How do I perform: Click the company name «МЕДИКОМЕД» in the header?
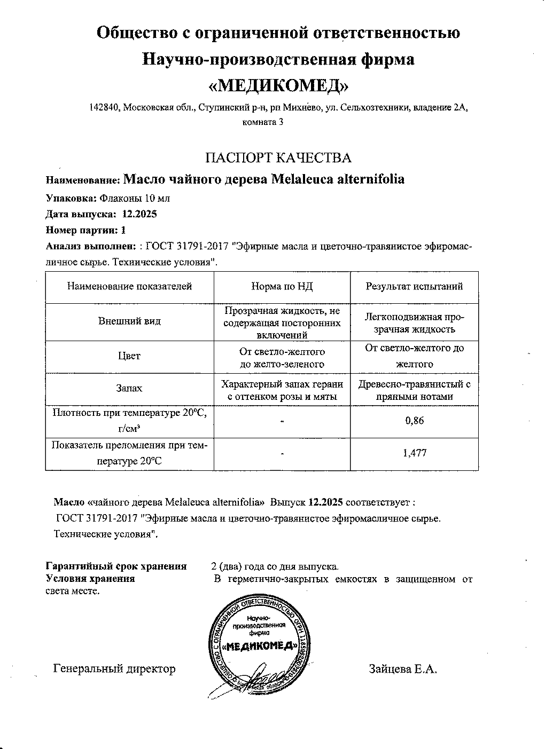click(x=278, y=85)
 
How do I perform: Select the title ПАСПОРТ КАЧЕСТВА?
click(x=278, y=157)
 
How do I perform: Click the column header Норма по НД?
click(x=282, y=287)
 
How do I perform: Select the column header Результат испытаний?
click(x=414, y=287)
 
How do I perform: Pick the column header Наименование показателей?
click(x=129, y=287)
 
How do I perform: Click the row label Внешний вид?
click(x=129, y=321)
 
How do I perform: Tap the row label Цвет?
click(x=129, y=356)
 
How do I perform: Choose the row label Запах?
click(x=129, y=388)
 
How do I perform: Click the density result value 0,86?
click(x=414, y=421)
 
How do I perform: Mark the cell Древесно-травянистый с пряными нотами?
click(x=414, y=390)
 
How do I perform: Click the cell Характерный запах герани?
click(x=282, y=384)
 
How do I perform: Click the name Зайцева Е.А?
click(x=403, y=669)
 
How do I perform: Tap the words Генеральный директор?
click(x=114, y=669)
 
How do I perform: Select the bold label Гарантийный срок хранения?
click(x=116, y=566)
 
